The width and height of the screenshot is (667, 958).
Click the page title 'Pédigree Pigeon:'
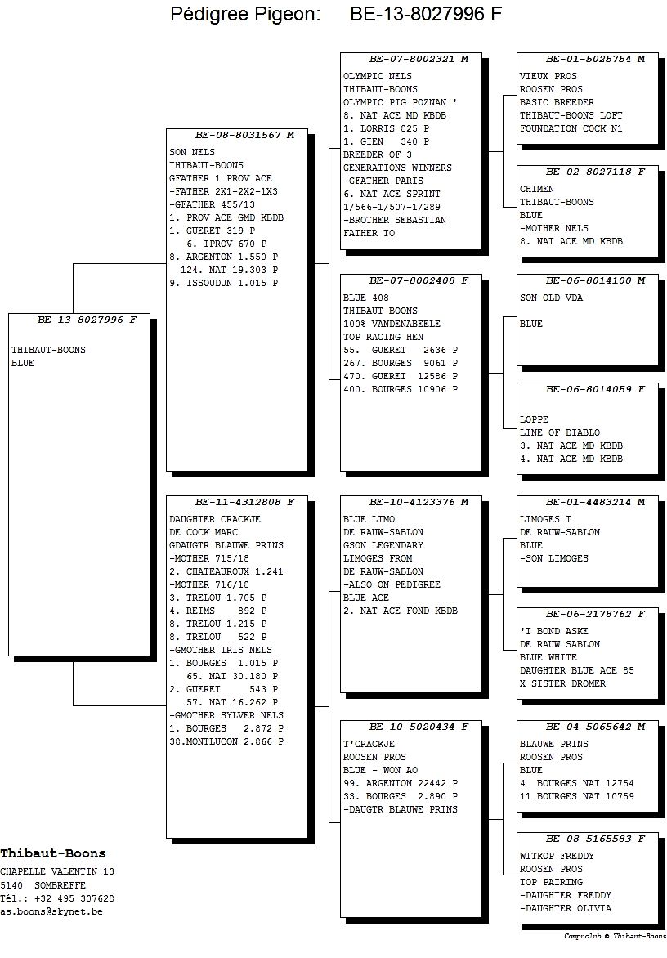click(x=245, y=14)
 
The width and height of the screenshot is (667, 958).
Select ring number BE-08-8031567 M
click(x=245, y=135)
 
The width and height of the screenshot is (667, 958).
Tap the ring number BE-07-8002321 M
click(x=419, y=60)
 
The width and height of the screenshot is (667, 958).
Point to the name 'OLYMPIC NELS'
click(x=378, y=76)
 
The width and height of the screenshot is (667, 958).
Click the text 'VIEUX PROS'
click(x=548, y=76)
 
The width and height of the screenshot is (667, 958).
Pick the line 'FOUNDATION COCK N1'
click(x=571, y=129)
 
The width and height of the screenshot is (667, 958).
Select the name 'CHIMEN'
click(x=537, y=190)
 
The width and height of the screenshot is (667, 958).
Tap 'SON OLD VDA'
click(x=551, y=298)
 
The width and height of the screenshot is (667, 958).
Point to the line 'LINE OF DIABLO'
click(x=559, y=432)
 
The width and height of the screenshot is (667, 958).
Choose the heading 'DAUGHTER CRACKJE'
click(x=215, y=519)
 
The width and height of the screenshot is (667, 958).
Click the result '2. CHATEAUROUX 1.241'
click(x=226, y=572)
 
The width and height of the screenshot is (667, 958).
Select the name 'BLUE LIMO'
click(x=369, y=519)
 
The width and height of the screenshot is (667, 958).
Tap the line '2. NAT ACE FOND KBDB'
click(x=400, y=611)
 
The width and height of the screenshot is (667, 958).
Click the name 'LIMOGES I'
click(x=545, y=519)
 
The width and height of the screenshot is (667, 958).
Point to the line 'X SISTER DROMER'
click(x=562, y=683)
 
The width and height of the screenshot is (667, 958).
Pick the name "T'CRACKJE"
click(x=369, y=744)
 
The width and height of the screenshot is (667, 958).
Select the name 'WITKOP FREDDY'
click(x=557, y=857)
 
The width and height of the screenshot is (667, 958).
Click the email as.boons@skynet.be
click(x=51, y=911)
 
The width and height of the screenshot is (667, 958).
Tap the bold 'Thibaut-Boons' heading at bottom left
click(x=53, y=853)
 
